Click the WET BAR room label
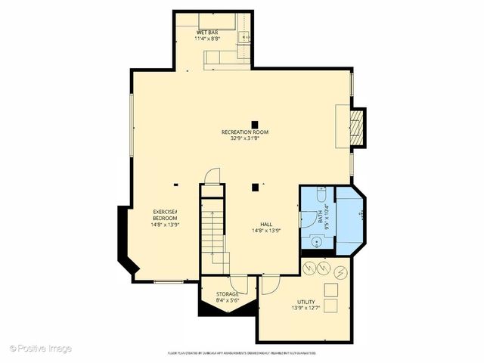[208, 33]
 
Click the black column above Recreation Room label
[256, 124]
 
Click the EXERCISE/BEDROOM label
[165, 214]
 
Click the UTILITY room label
[306, 302]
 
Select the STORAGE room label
[228, 294]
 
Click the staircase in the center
[213, 227]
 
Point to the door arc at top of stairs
[213, 175]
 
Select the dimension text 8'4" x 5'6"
[228, 300]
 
